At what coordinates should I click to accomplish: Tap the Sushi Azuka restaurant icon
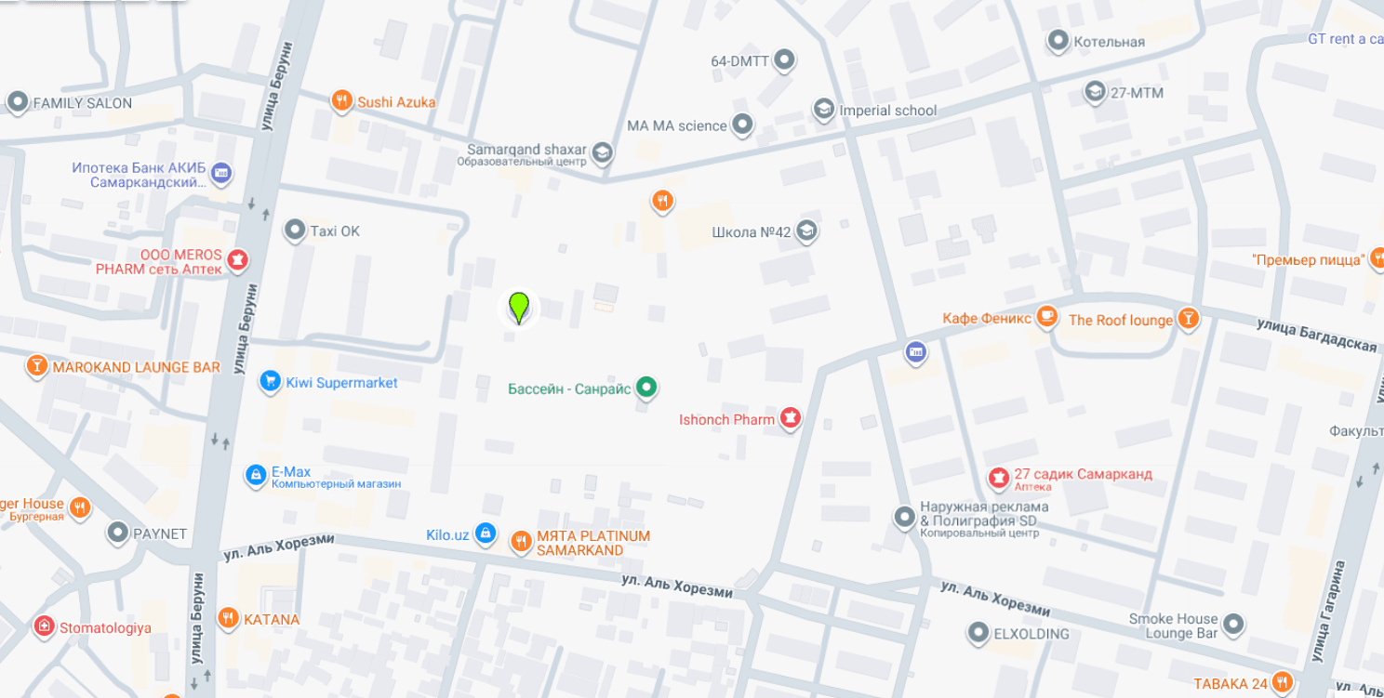coord(342,100)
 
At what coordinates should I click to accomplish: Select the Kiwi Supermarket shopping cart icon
coord(270,381)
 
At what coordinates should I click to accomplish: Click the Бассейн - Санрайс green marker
coord(646,388)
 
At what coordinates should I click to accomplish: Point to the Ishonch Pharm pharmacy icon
coord(791,418)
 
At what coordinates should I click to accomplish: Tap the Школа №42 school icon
coord(806,230)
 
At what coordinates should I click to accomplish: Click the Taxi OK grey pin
coord(295,230)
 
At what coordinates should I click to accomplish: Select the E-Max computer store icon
coord(256,475)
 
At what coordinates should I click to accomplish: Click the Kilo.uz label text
coord(447,534)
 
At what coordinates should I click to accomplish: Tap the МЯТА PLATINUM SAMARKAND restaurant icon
coord(521,541)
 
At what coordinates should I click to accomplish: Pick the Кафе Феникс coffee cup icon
coord(1047,317)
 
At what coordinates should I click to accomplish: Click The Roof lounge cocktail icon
coord(1188,319)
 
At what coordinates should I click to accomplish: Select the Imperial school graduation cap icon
coord(823,110)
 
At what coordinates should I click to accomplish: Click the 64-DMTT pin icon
coord(784,60)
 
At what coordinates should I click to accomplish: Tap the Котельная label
coord(1109,42)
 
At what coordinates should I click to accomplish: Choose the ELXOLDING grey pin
coord(978,633)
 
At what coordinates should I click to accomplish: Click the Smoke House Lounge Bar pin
coord(1233,624)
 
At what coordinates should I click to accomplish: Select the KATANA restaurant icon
coord(229,618)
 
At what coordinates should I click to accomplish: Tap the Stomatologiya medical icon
coord(44,626)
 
